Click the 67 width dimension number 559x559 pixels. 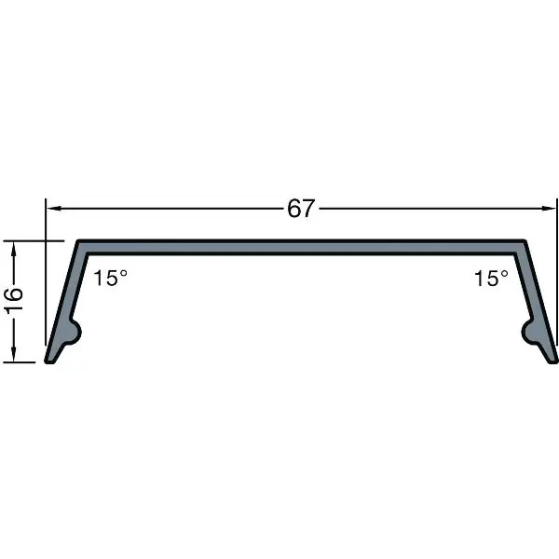click(x=301, y=208)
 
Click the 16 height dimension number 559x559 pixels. click(x=14, y=301)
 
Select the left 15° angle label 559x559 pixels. click(x=110, y=278)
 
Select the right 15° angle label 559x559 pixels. click(x=491, y=278)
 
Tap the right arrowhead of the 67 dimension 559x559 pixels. click(x=549, y=208)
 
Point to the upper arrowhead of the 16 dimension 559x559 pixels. click(x=14, y=249)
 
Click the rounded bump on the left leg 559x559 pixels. click(x=75, y=333)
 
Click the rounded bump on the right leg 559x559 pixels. click(x=528, y=333)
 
